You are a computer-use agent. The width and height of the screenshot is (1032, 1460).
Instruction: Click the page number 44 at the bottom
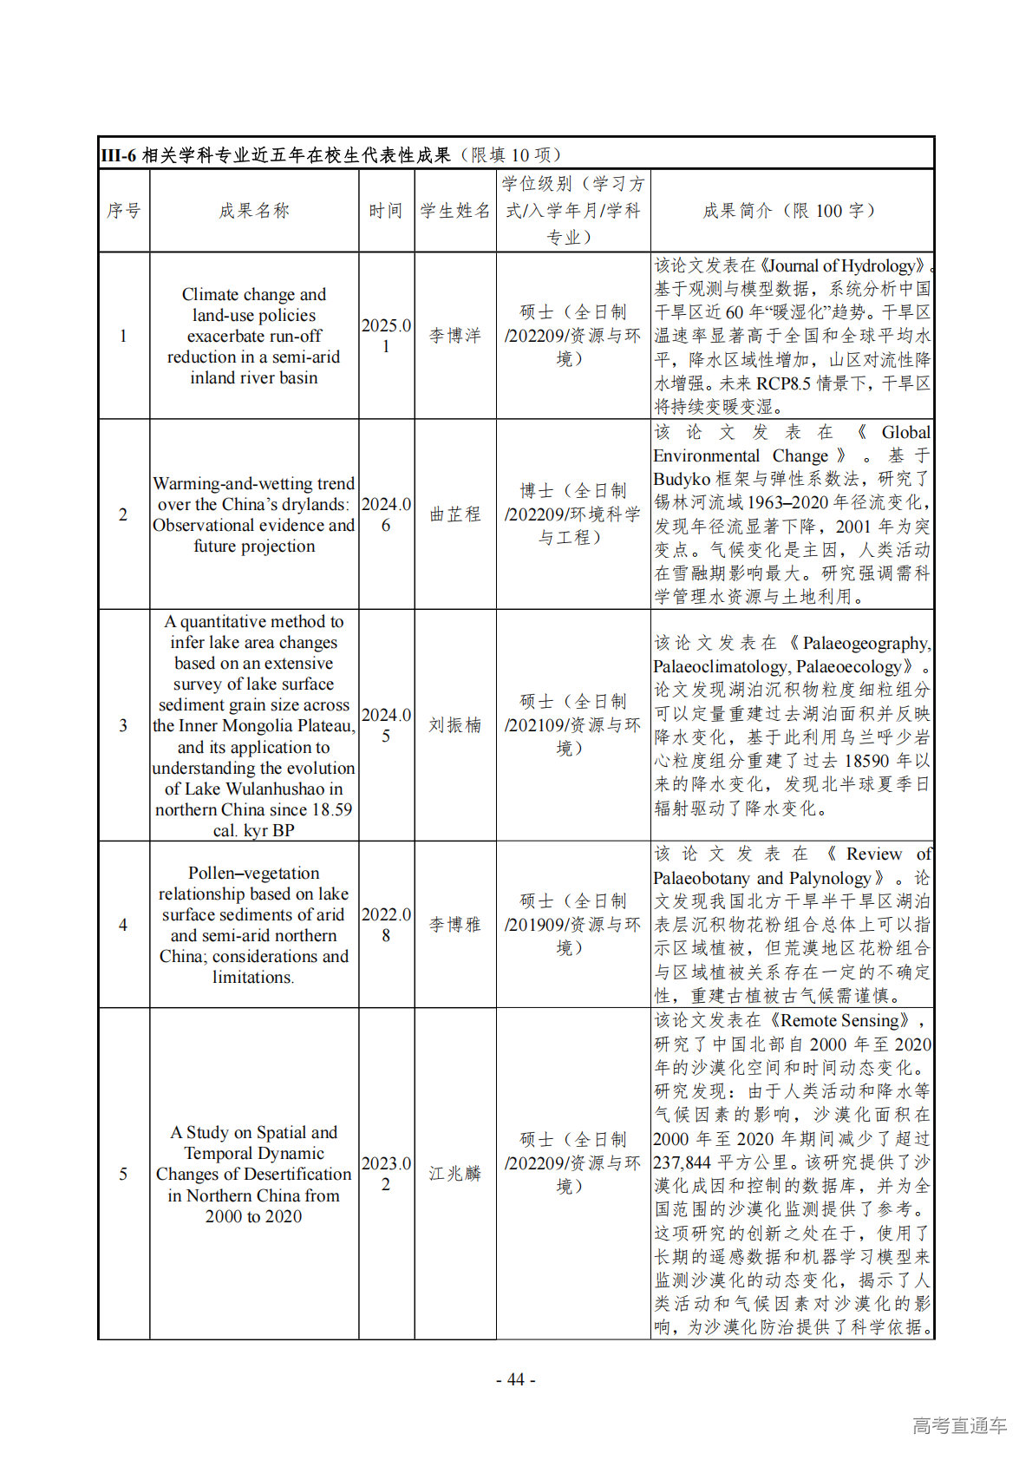point(516,1379)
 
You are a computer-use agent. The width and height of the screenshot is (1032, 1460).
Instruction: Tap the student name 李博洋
point(455,336)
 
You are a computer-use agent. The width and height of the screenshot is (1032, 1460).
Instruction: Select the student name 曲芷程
point(455,514)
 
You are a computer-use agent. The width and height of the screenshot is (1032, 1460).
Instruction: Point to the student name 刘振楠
point(455,725)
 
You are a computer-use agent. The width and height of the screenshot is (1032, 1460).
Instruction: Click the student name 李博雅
point(455,925)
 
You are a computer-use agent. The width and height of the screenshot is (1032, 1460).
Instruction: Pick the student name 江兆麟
point(455,1174)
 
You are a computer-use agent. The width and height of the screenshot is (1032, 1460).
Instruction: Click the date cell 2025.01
point(386,336)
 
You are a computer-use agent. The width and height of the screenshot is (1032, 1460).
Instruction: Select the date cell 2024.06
point(386,514)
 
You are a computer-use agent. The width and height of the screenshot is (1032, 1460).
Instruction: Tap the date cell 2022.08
point(386,925)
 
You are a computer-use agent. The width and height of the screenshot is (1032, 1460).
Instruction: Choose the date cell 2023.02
point(386,1174)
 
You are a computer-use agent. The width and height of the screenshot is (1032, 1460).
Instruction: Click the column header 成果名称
point(254,211)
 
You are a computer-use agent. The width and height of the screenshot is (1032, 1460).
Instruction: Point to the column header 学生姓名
point(455,211)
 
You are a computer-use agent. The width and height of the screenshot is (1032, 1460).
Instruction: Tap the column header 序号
point(123,211)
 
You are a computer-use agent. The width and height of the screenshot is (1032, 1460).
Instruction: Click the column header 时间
point(386,211)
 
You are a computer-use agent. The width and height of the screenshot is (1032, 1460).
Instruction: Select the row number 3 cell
point(123,725)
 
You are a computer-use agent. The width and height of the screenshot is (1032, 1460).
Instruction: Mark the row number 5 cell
point(123,1174)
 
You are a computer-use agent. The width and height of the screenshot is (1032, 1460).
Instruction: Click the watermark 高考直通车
point(959,1425)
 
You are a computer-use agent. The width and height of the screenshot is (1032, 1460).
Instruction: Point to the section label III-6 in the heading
point(119,155)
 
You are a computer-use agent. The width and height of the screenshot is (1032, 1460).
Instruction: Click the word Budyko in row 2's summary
point(682,479)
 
